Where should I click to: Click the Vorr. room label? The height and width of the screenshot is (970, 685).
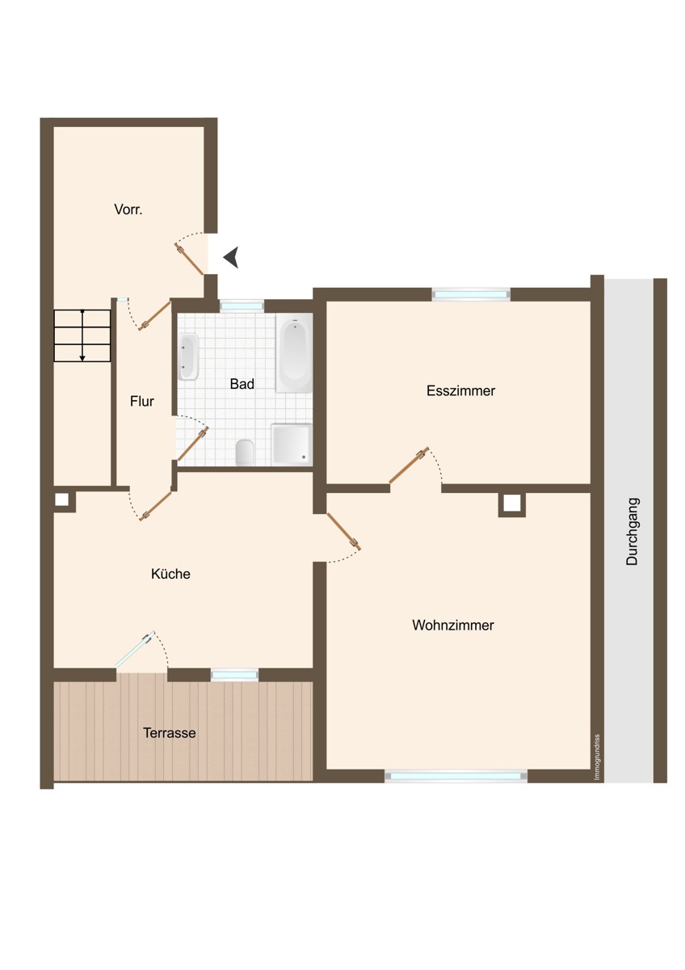pos(128,209)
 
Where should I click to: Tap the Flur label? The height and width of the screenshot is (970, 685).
pos(142,402)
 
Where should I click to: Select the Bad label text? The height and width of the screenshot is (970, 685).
pos(242,384)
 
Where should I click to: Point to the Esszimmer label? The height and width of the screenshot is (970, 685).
pos(460,390)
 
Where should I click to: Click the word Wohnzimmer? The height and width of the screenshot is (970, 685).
pos(453,626)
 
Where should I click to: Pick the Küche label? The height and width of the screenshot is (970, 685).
pos(170,574)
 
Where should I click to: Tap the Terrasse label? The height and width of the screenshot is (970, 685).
pos(169,733)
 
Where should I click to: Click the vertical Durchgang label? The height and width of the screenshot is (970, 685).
pos(632,531)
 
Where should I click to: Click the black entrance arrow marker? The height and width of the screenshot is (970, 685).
pos(231,257)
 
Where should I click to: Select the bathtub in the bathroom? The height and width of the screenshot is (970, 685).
pos(294,353)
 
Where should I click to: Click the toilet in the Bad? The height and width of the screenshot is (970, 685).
pos(245,452)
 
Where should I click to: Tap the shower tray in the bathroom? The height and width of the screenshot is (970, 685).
pos(292,445)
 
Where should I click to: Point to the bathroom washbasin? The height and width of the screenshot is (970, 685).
pos(188,356)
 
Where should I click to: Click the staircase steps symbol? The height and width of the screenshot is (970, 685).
pos(82,335)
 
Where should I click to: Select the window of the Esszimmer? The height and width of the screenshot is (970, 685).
pos(471,294)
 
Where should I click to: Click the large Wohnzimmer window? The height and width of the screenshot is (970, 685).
pos(456,776)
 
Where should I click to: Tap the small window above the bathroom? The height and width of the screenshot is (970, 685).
pos(242,306)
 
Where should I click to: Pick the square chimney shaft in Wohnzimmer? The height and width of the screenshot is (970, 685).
pos(512,504)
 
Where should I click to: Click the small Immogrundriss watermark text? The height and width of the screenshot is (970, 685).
pos(597,757)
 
